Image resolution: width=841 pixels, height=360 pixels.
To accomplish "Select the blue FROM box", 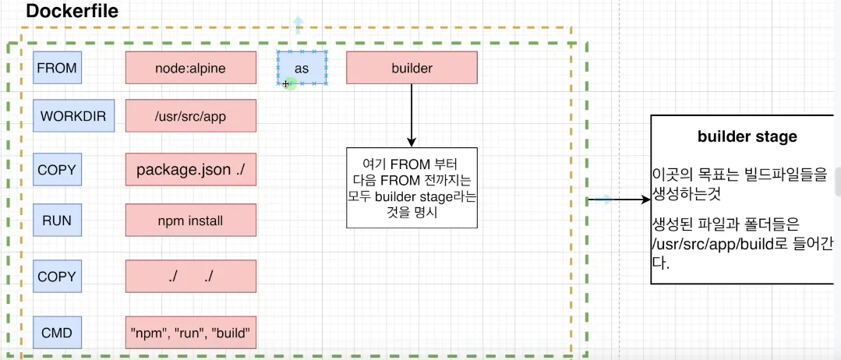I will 57,68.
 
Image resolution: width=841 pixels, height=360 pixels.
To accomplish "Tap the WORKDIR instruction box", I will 74,118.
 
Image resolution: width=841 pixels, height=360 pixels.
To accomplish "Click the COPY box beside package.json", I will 57,169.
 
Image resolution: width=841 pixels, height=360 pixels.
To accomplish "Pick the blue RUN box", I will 57,221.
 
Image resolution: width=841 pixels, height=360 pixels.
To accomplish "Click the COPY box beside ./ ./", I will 57,276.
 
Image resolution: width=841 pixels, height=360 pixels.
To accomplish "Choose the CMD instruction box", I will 57,334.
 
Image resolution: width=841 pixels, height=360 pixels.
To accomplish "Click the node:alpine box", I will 191,68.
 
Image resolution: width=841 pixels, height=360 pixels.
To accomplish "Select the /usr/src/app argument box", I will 191,118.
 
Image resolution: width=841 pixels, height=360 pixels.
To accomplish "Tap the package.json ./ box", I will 191,170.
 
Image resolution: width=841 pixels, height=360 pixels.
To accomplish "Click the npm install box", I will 191,221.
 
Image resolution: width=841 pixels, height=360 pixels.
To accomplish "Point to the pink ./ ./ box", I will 191,276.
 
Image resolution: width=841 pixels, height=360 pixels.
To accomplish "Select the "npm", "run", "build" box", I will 191,334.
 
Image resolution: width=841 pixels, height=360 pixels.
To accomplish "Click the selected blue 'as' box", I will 302,68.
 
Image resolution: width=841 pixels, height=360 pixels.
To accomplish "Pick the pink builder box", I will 412,68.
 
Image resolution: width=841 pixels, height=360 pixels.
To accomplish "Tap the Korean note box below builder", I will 412,188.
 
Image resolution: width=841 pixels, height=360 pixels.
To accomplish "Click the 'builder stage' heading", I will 747,136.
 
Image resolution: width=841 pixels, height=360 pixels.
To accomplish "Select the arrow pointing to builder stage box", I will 624,200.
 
